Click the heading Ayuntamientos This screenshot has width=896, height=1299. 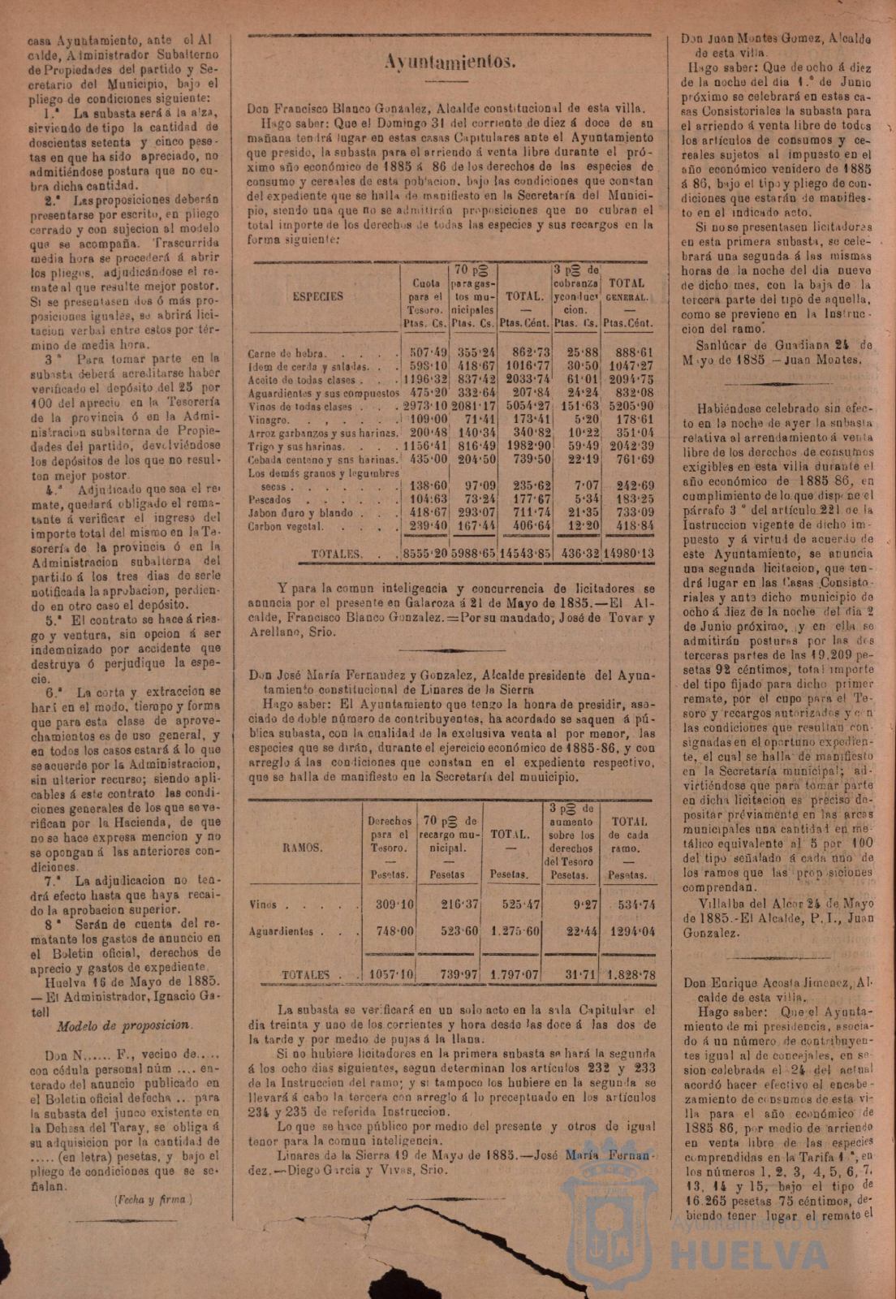click(449, 63)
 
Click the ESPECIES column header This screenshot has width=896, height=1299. click(317, 296)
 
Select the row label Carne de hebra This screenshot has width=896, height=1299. click(286, 354)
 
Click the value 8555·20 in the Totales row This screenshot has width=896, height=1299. click(424, 553)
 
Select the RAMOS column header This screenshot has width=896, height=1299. click(302, 848)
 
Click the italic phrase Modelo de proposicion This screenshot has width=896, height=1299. click(123, 1025)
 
